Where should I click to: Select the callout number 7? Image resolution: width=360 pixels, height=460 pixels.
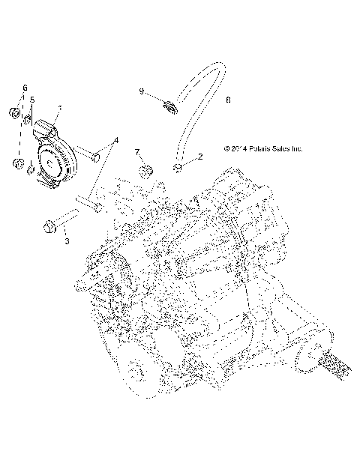138,153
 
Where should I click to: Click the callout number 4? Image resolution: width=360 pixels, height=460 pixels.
116,140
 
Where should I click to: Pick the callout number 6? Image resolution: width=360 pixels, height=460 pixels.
24,88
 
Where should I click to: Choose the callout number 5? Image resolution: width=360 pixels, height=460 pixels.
32,99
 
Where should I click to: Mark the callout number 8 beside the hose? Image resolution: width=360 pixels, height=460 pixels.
228,99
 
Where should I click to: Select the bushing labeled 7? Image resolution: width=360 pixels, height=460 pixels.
145,169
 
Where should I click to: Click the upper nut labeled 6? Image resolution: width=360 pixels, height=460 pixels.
13,114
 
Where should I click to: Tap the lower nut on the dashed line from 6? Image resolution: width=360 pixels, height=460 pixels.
16,163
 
